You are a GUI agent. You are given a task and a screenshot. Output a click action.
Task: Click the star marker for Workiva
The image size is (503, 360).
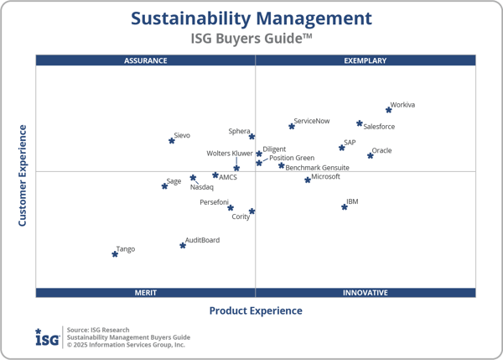click(x=388, y=110)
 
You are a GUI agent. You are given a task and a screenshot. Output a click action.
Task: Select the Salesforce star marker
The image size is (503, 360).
click(x=360, y=123)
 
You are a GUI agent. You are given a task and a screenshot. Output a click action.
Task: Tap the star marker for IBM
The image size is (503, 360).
click(x=345, y=206)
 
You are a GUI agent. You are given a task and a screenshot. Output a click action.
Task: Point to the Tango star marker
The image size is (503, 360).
click(x=115, y=253)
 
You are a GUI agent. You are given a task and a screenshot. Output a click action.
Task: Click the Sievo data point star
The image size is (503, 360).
click(x=172, y=140)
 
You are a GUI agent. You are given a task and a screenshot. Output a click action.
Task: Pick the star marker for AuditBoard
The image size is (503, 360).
click(x=183, y=245)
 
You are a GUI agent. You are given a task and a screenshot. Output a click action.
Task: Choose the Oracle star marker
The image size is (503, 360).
click(x=371, y=155)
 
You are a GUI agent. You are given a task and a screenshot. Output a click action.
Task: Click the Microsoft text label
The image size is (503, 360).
click(x=325, y=177)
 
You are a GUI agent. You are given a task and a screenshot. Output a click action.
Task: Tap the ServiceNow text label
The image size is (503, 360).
click(x=312, y=122)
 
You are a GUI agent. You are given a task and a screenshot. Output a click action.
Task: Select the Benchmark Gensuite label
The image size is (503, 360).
click(x=318, y=168)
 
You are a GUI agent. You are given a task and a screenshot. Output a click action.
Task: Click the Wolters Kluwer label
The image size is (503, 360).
click(x=230, y=154)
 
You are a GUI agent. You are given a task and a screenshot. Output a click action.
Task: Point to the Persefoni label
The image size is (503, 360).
click(x=214, y=202)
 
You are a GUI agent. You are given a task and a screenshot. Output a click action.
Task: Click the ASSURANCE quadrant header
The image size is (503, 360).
click(x=146, y=60)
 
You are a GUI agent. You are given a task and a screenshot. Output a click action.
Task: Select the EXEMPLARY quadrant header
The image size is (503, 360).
click(x=366, y=60)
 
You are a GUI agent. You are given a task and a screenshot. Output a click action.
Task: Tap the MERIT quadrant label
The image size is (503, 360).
click(x=146, y=293)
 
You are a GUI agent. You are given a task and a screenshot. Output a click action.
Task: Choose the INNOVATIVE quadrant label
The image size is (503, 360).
click(x=366, y=293)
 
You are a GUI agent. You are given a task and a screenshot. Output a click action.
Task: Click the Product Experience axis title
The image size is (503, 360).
click(x=256, y=311)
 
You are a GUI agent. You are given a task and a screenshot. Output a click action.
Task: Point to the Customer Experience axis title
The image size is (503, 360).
click(x=23, y=175)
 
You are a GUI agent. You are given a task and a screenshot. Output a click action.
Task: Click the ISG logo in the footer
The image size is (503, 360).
click(x=47, y=337)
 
